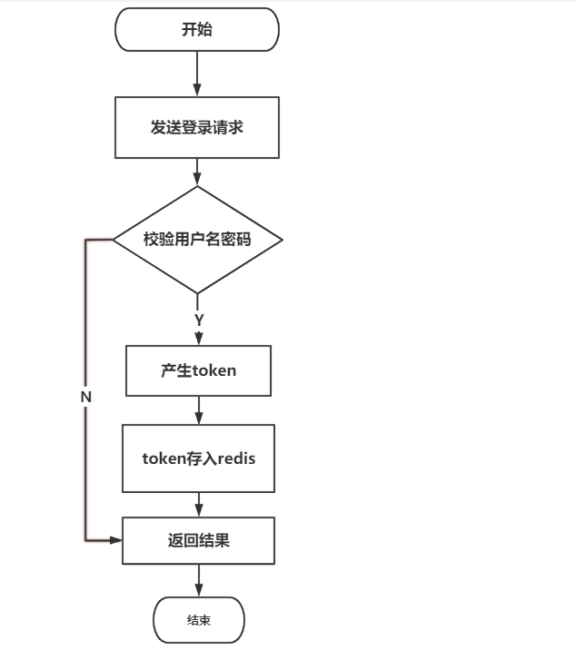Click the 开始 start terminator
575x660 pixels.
coord(197,29)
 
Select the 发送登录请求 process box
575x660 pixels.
coord(197,127)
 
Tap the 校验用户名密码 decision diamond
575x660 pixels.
coord(197,240)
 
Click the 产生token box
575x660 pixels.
coord(198,371)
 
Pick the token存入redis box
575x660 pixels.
coord(198,458)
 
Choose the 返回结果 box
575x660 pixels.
coord(198,540)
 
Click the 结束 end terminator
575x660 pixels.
coord(198,620)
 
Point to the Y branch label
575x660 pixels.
coord(198,320)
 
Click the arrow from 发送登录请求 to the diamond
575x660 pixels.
coord(197,172)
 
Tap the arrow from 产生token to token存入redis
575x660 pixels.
coord(198,410)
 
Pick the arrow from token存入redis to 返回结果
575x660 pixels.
coord(198,505)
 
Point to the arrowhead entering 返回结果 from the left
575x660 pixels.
coord(115,540)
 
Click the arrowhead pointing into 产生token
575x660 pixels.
coord(198,340)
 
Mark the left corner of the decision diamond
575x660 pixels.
coord(113,240)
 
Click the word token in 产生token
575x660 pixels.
coord(215,371)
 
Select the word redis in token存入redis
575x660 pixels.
coord(235,458)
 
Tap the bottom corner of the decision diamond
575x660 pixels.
coord(197,293)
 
